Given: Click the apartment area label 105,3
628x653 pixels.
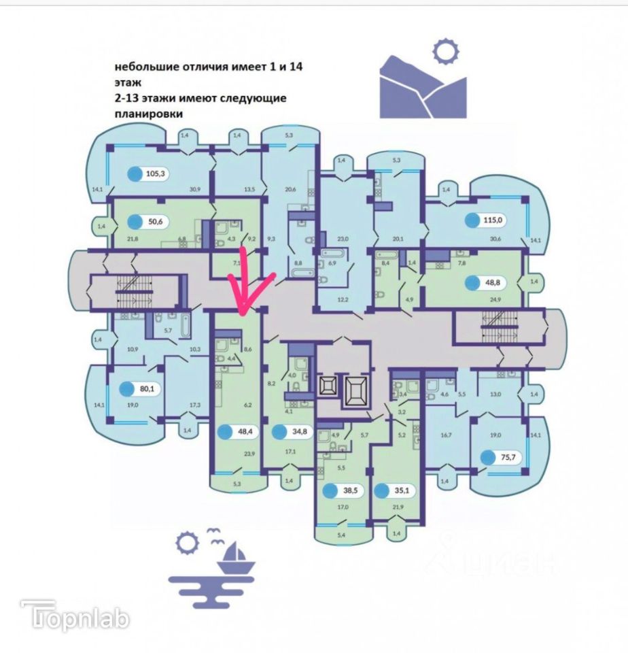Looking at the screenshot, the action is point(156,173).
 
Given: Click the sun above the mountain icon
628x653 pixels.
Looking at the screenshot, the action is point(446,50).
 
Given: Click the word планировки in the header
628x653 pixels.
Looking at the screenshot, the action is point(148,115).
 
